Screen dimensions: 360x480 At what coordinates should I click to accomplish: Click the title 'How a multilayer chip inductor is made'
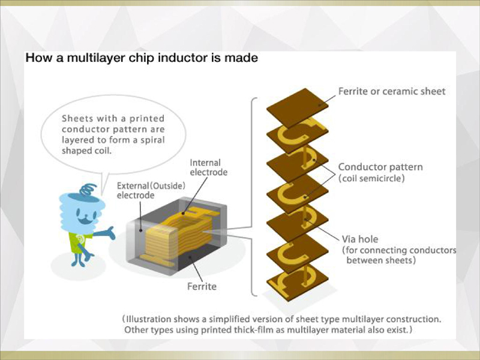tap(141, 58)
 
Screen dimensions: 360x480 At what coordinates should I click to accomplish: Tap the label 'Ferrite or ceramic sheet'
tap(392, 91)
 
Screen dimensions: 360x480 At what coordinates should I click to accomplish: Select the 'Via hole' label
tap(359, 239)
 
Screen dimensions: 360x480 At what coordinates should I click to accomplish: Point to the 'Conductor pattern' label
tap(380, 167)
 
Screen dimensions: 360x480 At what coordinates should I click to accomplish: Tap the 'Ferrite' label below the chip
tap(202, 286)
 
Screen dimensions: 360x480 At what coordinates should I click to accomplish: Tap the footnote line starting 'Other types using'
tap(268, 329)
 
